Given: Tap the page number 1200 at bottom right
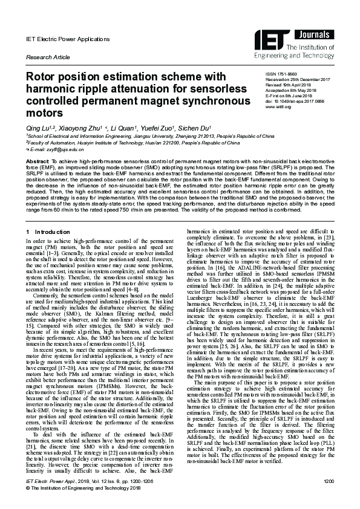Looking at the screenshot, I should click(329, 497).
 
